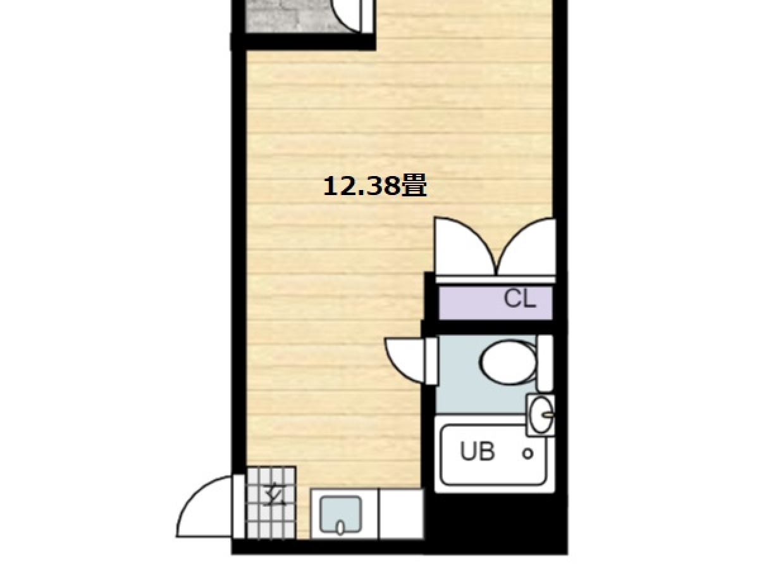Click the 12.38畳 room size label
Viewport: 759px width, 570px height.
click(x=374, y=187)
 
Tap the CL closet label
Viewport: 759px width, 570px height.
click(x=519, y=299)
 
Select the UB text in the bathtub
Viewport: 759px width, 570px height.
click(x=478, y=452)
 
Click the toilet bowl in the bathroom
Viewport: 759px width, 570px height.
click(x=508, y=362)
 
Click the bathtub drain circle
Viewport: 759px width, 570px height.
click(x=528, y=453)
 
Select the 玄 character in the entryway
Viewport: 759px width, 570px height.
click(x=275, y=496)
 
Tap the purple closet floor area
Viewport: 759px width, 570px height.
click(x=495, y=303)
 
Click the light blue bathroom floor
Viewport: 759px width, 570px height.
click(x=484, y=398)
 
